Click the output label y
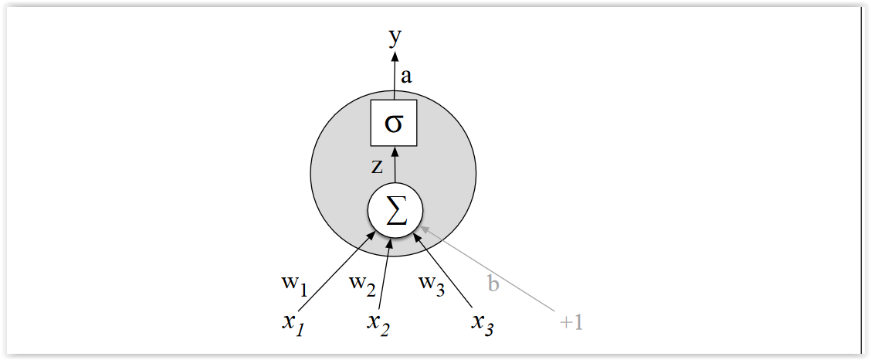coord(395,36)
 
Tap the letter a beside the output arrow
coord(406,76)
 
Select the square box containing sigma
coord(394,123)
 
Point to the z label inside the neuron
coord(377,166)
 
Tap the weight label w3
coord(432,284)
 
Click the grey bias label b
coord(493,284)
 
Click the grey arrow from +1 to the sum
coord(494,270)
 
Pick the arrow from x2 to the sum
coord(385,274)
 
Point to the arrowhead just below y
coord(395,56)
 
